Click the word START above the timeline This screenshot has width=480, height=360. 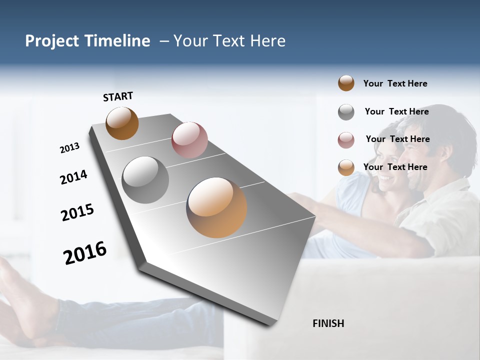pyautogui.click(x=118, y=96)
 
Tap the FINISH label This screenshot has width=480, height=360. pyautogui.click(x=328, y=323)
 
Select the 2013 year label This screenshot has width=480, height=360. pyautogui.click(x=69, y=148)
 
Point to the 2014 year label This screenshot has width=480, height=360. pyautogui.click(x=73, y=177)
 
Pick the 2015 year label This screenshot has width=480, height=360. pyautogui.click(x=77, y=212)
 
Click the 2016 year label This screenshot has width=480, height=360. pyautogui.click(x=85, y=252)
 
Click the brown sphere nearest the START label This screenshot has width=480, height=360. pyautogui.click(x=122, y=123)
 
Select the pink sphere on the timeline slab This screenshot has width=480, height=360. pyautogui.click(x=189, y=139)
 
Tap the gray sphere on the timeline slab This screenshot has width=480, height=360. pyautogui.click(x=145, y=180)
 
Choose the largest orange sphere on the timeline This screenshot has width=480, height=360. pyautogui.click(x=216, y=207)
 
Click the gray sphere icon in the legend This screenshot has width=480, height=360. pyautogui.click(x=346, y=112)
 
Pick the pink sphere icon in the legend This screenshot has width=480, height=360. pyautogui.click(x=346, y=140)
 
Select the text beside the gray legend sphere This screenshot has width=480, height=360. pyautogui.click(x=396, y=111)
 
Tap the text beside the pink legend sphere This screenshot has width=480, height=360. pyautogui.click(x=397, y=139)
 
